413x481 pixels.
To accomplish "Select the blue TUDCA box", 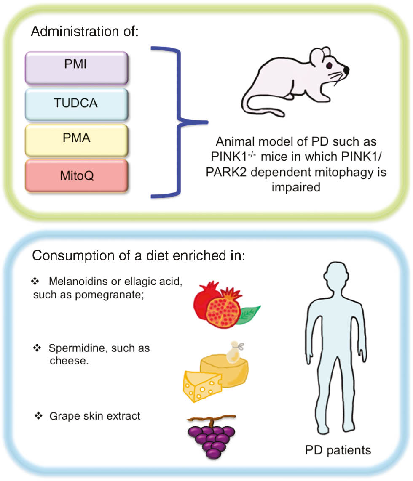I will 76,103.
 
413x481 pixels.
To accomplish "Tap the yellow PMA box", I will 76,139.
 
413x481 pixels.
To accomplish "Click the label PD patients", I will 338,450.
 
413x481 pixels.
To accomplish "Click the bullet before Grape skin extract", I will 38,416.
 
